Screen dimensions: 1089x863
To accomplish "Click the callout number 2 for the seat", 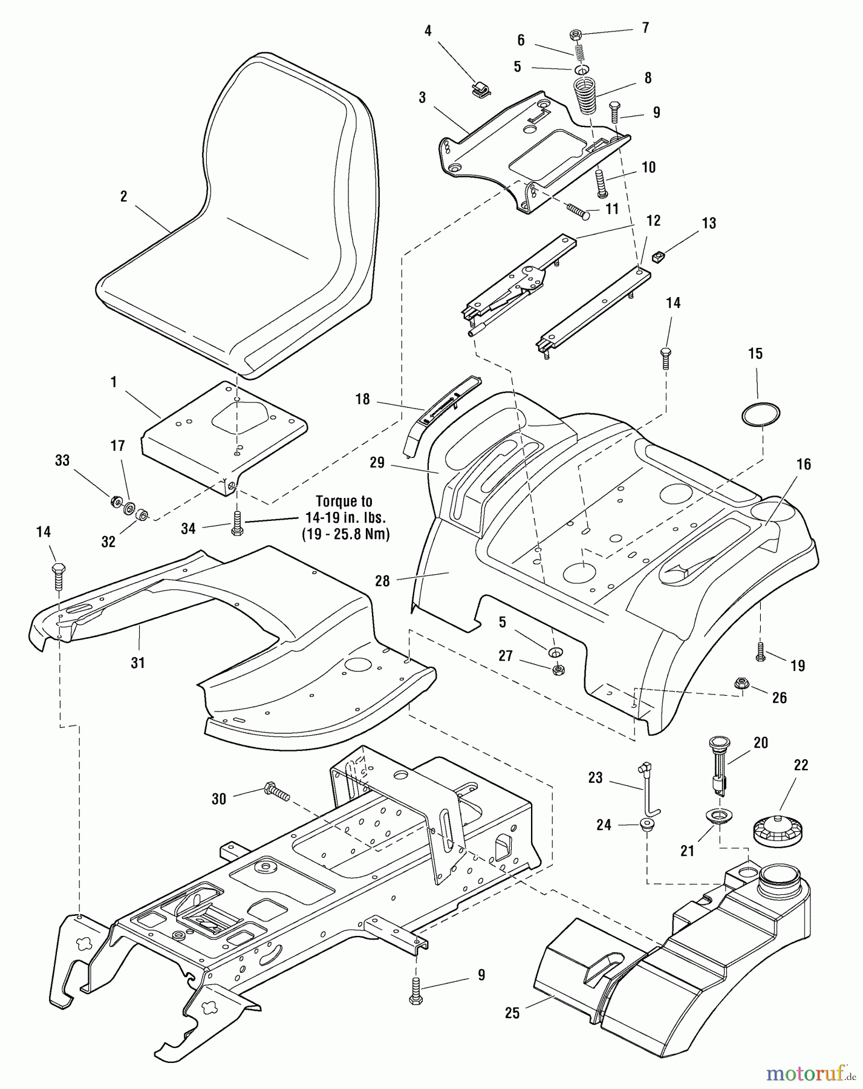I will tap(123, 197).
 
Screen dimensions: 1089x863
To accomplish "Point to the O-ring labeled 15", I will tap(761, 414).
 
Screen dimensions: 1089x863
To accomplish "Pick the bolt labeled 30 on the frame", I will tap(277, 791).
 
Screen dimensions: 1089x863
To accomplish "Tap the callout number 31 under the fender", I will tap(138, 663).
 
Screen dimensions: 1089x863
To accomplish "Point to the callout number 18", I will tap(362, 400).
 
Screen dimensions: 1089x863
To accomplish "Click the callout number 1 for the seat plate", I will tap(113, 382).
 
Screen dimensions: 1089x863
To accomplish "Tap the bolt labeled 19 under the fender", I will tap(761, 652).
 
